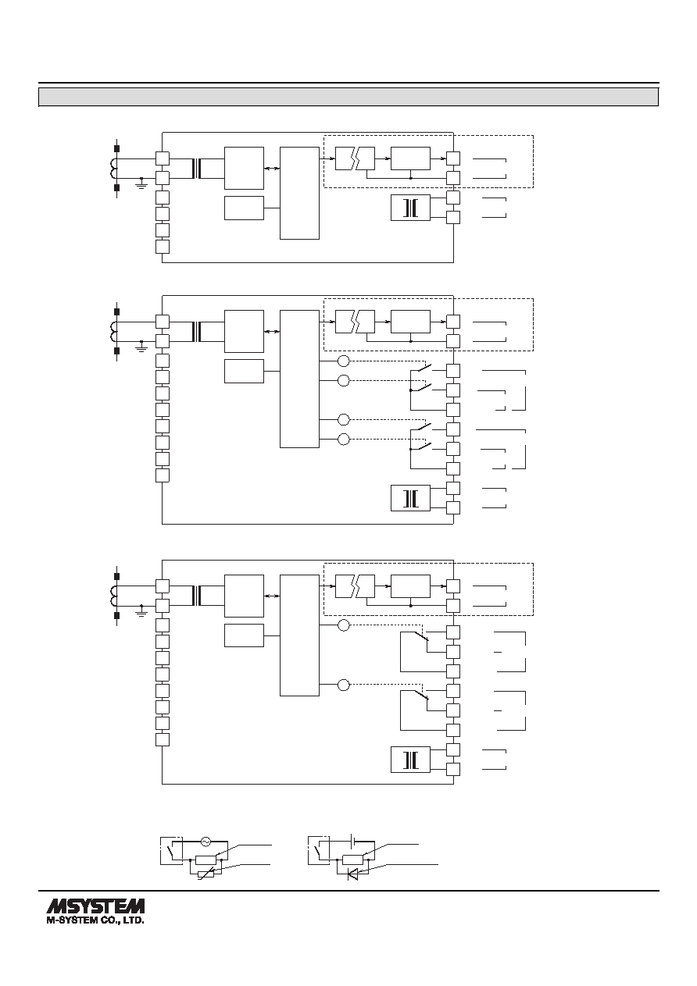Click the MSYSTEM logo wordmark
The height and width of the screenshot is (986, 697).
click(x=95, y=906)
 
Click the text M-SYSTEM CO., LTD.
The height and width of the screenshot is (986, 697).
click(x=95, y=920)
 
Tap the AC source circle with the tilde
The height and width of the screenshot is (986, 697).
click(x=206, y=841)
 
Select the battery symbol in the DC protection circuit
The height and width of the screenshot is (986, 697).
click(x=353, y=841)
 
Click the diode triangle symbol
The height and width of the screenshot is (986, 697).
click(x=353, y=875)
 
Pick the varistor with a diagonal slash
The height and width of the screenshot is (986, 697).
click(x=206, y=874)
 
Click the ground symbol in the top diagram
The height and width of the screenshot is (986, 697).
click(x=141, y=183)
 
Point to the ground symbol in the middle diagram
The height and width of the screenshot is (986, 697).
click(x=141, y=346)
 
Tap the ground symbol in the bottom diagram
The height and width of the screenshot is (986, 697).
click(x=141, y=610)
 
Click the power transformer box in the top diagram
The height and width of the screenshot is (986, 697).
click(x=410, y=208)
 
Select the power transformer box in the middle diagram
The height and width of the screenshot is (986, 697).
click(x=410, y=498)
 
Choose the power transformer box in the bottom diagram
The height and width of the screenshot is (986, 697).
click(x=410, y=760)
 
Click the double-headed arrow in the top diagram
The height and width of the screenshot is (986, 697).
click(x=272, y=168)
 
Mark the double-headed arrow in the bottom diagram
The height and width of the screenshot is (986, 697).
click(x=272, y=596)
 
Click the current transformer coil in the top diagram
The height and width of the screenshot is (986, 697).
click(x=113, y=169)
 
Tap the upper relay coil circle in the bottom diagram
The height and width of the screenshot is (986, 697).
click(x=344, y=625)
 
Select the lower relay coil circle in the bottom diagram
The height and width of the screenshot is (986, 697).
click(x=344, y=685)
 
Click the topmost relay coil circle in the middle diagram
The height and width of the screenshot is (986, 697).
click(x=344, y=361)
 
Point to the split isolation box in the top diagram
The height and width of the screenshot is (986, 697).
click(x=355, y=158)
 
